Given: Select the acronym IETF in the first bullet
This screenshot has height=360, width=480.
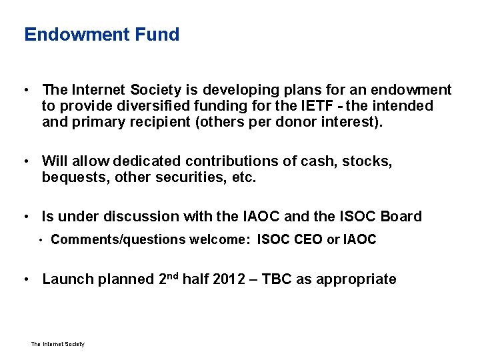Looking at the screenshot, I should (x=315, y=106).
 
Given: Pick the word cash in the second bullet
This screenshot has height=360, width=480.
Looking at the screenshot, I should (x=320, y=161).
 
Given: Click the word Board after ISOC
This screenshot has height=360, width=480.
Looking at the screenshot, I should (x=403, y=217).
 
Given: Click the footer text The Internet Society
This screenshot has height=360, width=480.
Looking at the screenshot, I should (x=58, y=344).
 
